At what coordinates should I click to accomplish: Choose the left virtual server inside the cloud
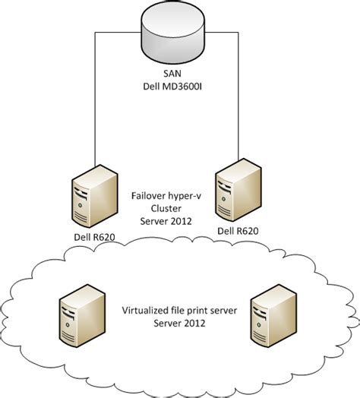(x=79, y=316)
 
